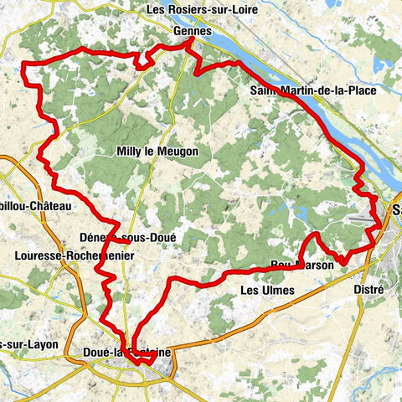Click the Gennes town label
pos(188,30)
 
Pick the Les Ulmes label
pos(267,291)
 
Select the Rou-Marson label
pos(302,265)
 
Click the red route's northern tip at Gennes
pos(185,47)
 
